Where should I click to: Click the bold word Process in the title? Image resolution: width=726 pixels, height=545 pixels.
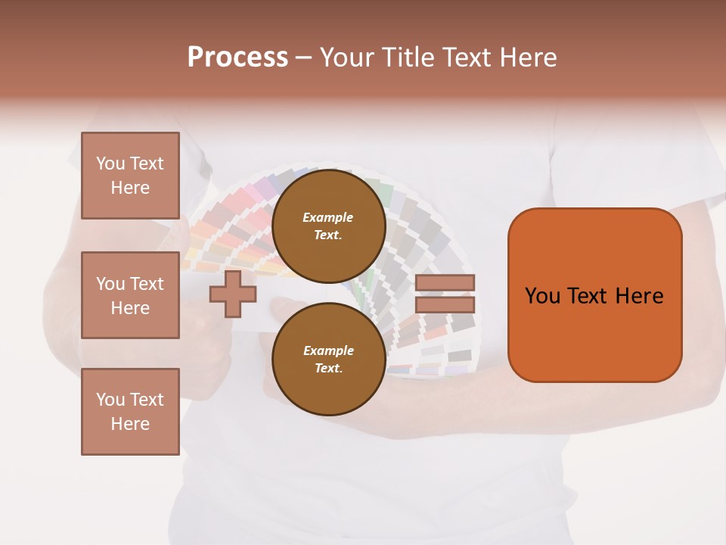pos(237,58)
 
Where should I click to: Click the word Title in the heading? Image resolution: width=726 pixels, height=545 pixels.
pos(408,58)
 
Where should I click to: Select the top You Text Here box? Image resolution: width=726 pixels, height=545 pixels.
pos(130,176)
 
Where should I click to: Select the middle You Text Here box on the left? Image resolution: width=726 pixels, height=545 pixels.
pos(130,295)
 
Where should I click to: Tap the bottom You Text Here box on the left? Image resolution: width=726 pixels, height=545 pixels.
pos(130,412)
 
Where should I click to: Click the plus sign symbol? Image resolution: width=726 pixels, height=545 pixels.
pos(232,294)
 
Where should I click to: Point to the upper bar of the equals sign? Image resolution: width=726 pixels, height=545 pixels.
pos(445,283)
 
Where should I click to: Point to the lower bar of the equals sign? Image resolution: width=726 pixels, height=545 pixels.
pos(445,305)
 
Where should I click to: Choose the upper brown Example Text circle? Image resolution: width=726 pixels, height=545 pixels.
pos(329,226)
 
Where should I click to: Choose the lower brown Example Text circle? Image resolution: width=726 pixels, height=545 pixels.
pos(329,359)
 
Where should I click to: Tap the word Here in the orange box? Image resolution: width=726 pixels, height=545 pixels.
pos(639,296)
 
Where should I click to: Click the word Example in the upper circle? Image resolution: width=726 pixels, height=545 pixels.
pos(327,217)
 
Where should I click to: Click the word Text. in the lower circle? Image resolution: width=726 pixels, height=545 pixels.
pos(328,369)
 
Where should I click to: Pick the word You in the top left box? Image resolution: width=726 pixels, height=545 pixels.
pos(110,163)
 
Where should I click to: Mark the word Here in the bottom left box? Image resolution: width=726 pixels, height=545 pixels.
pos(130,424)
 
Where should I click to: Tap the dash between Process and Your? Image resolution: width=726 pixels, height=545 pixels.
pos(303,58)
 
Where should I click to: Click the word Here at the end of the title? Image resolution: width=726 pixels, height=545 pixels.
pos(527,58)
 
